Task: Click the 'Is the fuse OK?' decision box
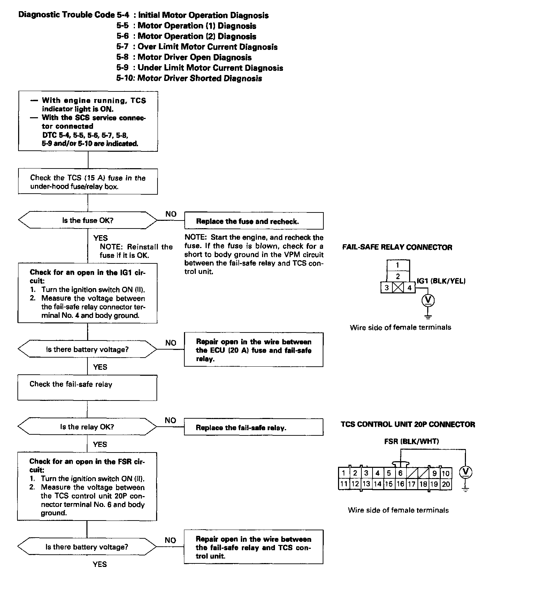[87, 220]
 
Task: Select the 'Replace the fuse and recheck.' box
[254, 221]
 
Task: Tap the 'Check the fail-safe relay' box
[87, 388]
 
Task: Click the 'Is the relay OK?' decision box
[87, 427]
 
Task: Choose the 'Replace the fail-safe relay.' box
[253, 427]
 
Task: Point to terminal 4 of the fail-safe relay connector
[409, 288]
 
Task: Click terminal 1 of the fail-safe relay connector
[398, 265]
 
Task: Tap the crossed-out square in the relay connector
[398, 288]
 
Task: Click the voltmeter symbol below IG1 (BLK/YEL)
[428, 299]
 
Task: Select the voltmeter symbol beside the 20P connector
[465, 472]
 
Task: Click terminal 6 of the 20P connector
[400, 473]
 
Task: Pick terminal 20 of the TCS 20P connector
[446, 484]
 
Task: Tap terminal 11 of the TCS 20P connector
[344, 484]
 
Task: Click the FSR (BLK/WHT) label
[411, 441]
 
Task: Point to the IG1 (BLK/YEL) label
[441, 281]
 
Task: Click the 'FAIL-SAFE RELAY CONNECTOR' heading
[397, 247]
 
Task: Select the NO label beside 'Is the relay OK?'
[170, 420]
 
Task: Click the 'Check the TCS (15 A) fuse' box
[88, 182]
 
